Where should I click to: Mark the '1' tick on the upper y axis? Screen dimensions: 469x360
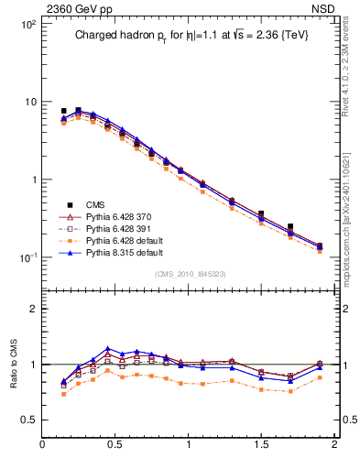[34, 180]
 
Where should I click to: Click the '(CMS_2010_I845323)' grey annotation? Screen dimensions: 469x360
[188, 274]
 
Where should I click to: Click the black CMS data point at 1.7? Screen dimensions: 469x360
[290, 226]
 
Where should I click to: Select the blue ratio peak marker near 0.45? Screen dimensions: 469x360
[108, 349]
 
